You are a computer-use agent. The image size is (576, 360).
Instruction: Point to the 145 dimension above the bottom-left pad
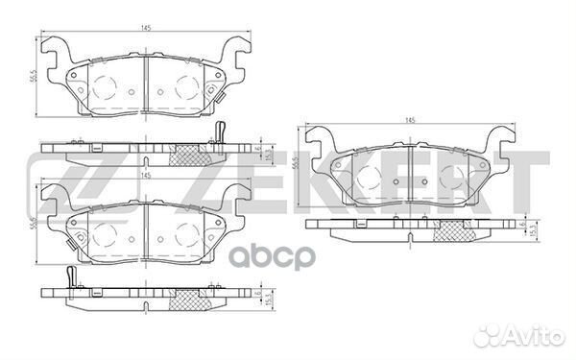(145, 176)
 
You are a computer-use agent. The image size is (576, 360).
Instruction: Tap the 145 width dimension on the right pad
(411, 119)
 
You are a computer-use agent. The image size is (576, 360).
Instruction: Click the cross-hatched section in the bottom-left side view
(182, 303)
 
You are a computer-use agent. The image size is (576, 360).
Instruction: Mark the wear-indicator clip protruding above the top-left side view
(220, 132)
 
